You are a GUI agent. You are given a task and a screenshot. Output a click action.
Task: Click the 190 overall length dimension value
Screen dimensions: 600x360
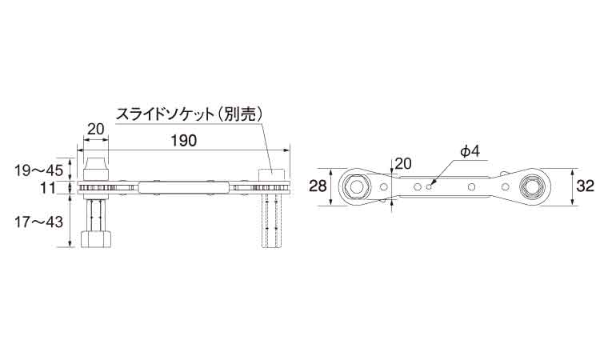[x=184, y=141]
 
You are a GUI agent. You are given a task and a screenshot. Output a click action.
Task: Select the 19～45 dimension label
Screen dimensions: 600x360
[x=38, y=170]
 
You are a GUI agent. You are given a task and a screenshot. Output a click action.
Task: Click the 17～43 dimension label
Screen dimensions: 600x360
[x=38, y=222]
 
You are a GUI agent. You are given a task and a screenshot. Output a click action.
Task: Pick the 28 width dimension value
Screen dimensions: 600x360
[x=318, y=186]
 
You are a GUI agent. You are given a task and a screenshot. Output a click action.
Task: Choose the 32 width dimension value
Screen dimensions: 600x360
[x=585, y=186]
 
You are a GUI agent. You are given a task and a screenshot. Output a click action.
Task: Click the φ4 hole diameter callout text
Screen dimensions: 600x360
[x=470, y=152]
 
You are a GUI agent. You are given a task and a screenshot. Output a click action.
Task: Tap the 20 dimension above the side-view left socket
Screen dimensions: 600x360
[x=95, y=130]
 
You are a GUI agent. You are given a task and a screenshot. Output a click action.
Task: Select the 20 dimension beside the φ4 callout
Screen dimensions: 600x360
[x=402, y=164]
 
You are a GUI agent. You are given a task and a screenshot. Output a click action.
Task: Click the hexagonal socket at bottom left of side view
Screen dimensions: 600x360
[x=97, y=239]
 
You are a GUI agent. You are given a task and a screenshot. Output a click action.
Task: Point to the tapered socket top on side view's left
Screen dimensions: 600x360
[x=94, y=169]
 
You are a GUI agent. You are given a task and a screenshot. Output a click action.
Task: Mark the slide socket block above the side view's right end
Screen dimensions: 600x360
[x=272, y=175]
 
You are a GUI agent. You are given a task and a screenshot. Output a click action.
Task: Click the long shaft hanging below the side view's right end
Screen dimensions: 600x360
[x=272, y=221]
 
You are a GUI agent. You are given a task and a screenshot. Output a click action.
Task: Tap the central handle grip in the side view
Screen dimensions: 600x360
[x=185, y=187]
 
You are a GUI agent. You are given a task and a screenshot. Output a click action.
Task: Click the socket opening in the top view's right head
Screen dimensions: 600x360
[x=533, y=186]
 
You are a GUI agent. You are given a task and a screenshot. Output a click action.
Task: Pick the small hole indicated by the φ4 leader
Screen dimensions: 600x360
[x=430, y=186]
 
